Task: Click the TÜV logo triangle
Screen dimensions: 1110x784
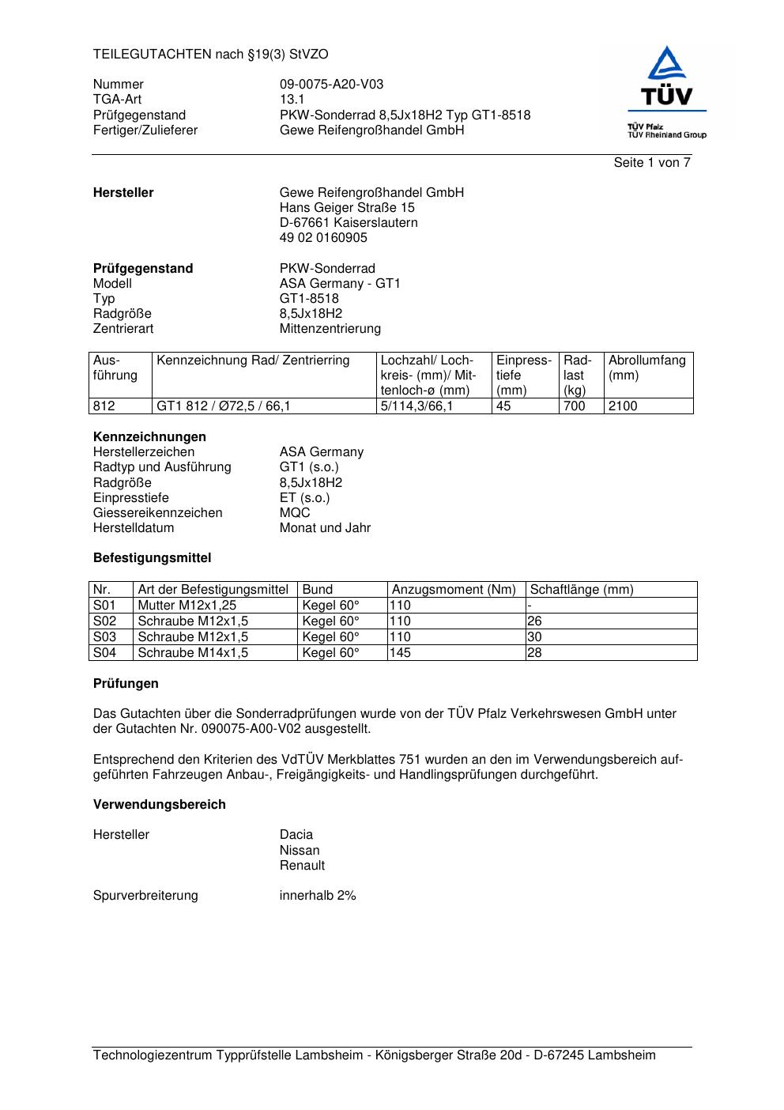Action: coord(668,64)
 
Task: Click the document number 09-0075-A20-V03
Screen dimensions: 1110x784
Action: coord(331,85)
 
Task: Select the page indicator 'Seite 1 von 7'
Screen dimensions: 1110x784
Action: coord(652,163)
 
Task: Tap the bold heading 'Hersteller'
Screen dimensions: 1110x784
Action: coord(123,193)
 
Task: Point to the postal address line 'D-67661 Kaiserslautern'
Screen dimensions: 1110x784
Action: coord(349,223)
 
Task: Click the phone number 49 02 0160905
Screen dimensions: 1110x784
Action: coord(323,238)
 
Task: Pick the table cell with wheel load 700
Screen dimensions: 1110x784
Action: coord(574,406)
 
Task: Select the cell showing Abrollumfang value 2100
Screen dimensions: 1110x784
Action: coord(623,406)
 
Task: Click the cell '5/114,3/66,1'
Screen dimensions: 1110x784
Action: coord(416,406)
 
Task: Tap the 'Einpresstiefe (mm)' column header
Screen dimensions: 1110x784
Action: coord(523,375)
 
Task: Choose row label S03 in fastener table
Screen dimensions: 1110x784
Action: coord(104,637)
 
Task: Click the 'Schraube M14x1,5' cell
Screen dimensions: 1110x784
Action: coord(193,653)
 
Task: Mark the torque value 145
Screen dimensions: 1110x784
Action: coord(401,653)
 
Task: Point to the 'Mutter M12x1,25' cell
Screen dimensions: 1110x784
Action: coord(187,606)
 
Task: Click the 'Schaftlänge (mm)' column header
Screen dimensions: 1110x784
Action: coord(582,590)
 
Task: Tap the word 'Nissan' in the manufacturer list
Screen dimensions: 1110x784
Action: coord(300,851)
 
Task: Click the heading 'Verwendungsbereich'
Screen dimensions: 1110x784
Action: coord(160,805)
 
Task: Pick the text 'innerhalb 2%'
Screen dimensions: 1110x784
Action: coord(318,896)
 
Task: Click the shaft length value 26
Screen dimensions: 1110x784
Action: coord(534,621)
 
